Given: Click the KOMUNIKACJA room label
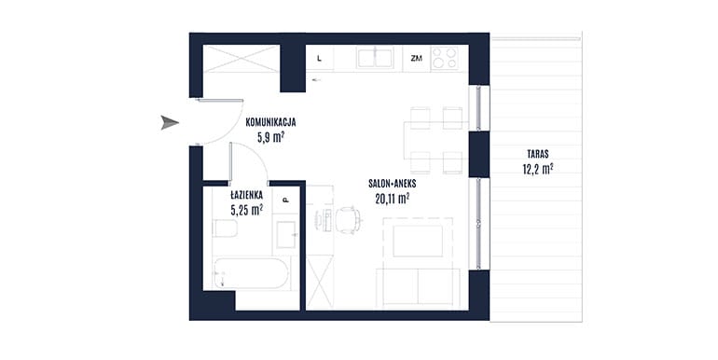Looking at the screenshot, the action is point(270,123).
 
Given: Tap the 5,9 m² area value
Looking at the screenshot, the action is point(271,137).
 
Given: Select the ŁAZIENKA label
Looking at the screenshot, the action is point(247,195).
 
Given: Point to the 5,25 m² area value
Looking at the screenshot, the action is point(247,210).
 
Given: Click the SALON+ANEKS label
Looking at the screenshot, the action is point(392,184).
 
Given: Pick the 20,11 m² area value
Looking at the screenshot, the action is point(392,199).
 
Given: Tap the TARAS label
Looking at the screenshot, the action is point(538,154).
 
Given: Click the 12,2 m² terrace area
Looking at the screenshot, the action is point(538,169).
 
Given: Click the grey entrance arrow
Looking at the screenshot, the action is point(170,123).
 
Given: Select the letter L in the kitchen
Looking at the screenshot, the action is point(319,59).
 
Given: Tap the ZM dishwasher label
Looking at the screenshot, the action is point(416,59).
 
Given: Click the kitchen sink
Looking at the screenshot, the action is point(375,58).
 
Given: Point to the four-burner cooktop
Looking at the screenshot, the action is point(444,58).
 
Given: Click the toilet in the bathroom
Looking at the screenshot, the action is point(225,228).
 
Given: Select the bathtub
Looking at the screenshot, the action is point(251,273).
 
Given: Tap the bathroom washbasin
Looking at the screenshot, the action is point(285,234).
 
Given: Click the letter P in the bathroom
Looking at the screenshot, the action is point(285,201).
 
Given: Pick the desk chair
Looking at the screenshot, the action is point(348,220).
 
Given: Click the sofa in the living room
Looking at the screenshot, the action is point(418,286).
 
